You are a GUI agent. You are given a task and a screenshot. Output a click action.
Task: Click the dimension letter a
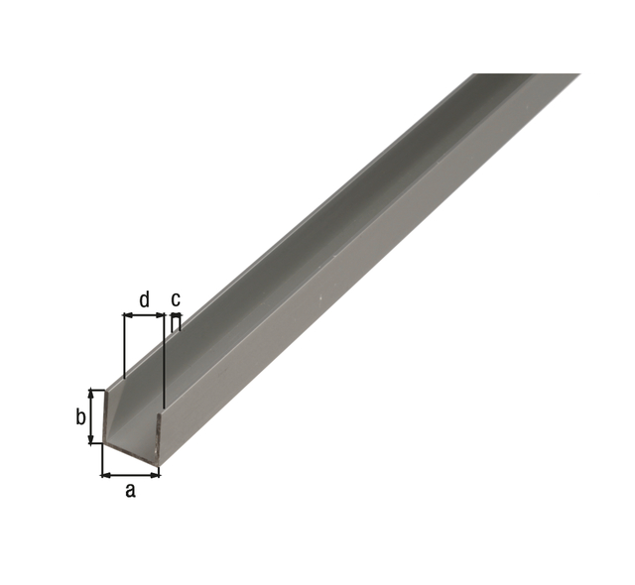[x=130, y=490]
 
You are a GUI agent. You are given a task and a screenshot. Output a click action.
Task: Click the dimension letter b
[x=80, y=416]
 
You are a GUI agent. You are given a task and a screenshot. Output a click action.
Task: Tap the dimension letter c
[x=176, y=299]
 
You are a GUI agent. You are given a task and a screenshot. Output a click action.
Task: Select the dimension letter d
[x=144, y=299]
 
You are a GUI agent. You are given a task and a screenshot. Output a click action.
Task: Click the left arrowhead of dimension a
[x=105, y=475]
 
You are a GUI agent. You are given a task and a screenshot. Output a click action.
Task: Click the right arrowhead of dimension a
[x=155, y=475]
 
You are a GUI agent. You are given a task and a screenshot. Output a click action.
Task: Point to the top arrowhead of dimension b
[x=92, y=394]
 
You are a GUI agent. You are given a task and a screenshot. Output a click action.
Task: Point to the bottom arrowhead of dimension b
[x=92, y=439]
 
